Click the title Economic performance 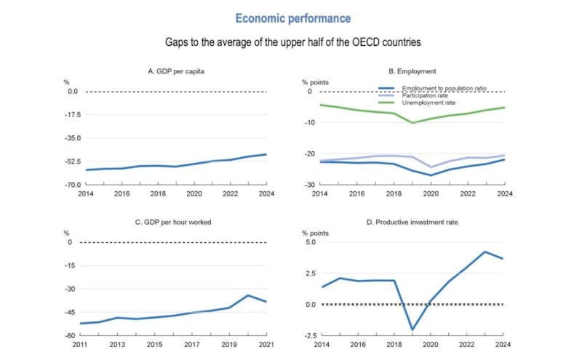(x=292, y=18)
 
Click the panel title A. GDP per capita (x=176, y=71)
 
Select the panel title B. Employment (x=412, y=71)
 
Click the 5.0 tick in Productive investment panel (x=309, y=242)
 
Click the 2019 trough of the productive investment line (x=412, y=329)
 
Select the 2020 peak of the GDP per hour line (x=249, y=295)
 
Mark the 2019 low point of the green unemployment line (x=412, y=123)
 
